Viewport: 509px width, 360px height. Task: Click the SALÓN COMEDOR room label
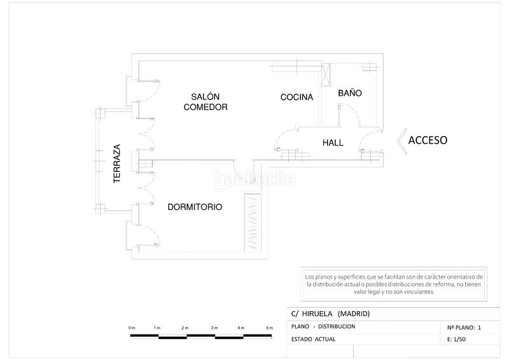pyautogui.click(x=206, y=102)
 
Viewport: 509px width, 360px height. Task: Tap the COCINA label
pyautogui.click(x=296, y=97)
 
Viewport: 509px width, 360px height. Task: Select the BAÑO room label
pyautogui.click(x=350, y=93)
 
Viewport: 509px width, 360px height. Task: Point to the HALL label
pyautogui.click(x=333, y=143)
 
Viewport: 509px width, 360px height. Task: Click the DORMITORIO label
pyautogui.click(x=195, y=207)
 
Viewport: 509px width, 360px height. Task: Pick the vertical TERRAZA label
pyautogui.click(x=117, y=163)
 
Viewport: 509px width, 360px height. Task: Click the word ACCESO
pyautogui.click(x=428, y=140)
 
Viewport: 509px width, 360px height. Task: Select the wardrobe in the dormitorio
pyautogui.click(x=253, y=223)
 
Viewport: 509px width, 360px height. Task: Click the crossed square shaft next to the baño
pyautogui.click(x=326, y=74)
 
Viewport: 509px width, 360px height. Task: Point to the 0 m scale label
pyautogui.click(x=132, y=328)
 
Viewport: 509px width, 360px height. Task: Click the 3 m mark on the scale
pyautogui.click(x=214, y=328)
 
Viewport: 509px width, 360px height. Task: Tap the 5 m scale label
pyautogui.click(x=269, y=328)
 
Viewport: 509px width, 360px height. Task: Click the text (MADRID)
pyautogui.click(x=354, y=314)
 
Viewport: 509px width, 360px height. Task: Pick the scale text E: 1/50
pyautogui.click(x=456, y=340)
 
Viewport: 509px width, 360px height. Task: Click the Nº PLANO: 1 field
pyautogui.click(x=464, y=328)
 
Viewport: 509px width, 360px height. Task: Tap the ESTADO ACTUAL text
pyautogui.click(x=313, y=339)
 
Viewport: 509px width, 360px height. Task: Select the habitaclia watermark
pyautogui.click(x=254, y=178)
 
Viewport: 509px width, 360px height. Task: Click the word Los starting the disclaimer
pyautogui.click(x=309, y=277)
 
